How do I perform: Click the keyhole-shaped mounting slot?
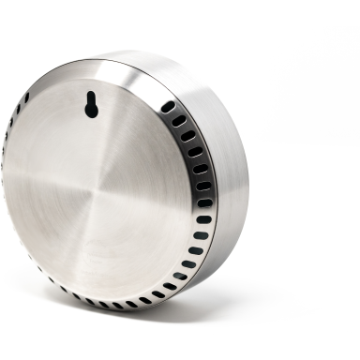coord(91,106)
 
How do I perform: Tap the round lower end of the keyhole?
coord(91,112)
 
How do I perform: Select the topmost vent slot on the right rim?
coord(168,107)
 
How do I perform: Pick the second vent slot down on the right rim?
coord(179,121)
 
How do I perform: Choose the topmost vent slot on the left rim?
coord(25,97)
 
